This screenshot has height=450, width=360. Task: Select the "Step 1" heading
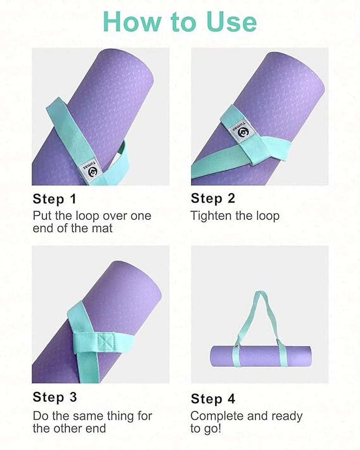tap(54, 198)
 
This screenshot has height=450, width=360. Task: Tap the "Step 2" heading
tap(213, 198)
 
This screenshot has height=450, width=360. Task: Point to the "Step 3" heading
tap(54, 397)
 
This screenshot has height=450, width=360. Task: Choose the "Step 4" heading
tap(213, 399)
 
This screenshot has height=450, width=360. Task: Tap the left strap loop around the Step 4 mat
tap(235, 356)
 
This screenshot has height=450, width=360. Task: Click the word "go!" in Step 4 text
tap(212, 428)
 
